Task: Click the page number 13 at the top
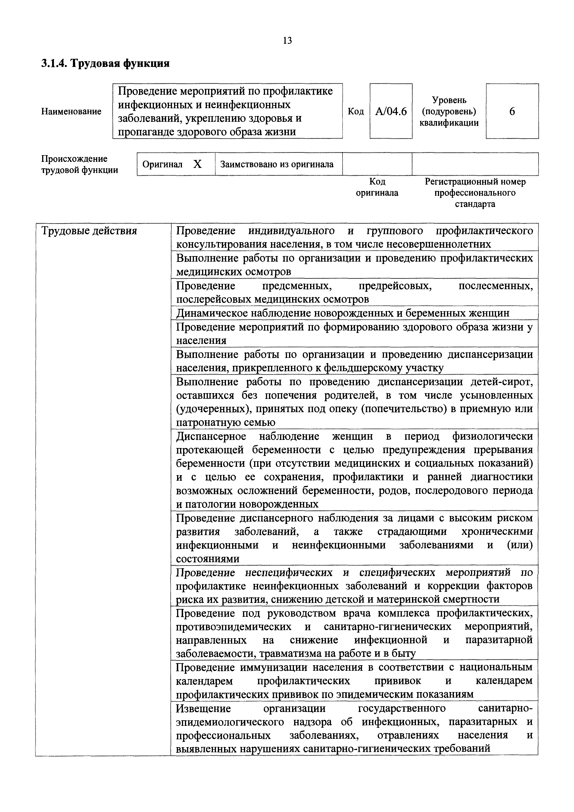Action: (x=287, y=41)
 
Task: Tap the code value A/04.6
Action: (x=391, y=111)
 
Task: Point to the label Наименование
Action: (x=71, y=111)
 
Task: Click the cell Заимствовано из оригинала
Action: (x=277, y=164)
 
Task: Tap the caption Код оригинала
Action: (x=377, y=187)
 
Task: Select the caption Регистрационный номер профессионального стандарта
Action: (x=475, y=193)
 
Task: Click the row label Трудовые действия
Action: (x=89, y=231)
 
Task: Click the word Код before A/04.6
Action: (x=356, y=111)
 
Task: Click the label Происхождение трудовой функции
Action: (x=80, y=164)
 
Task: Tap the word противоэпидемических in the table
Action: (x=233, y=627)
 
